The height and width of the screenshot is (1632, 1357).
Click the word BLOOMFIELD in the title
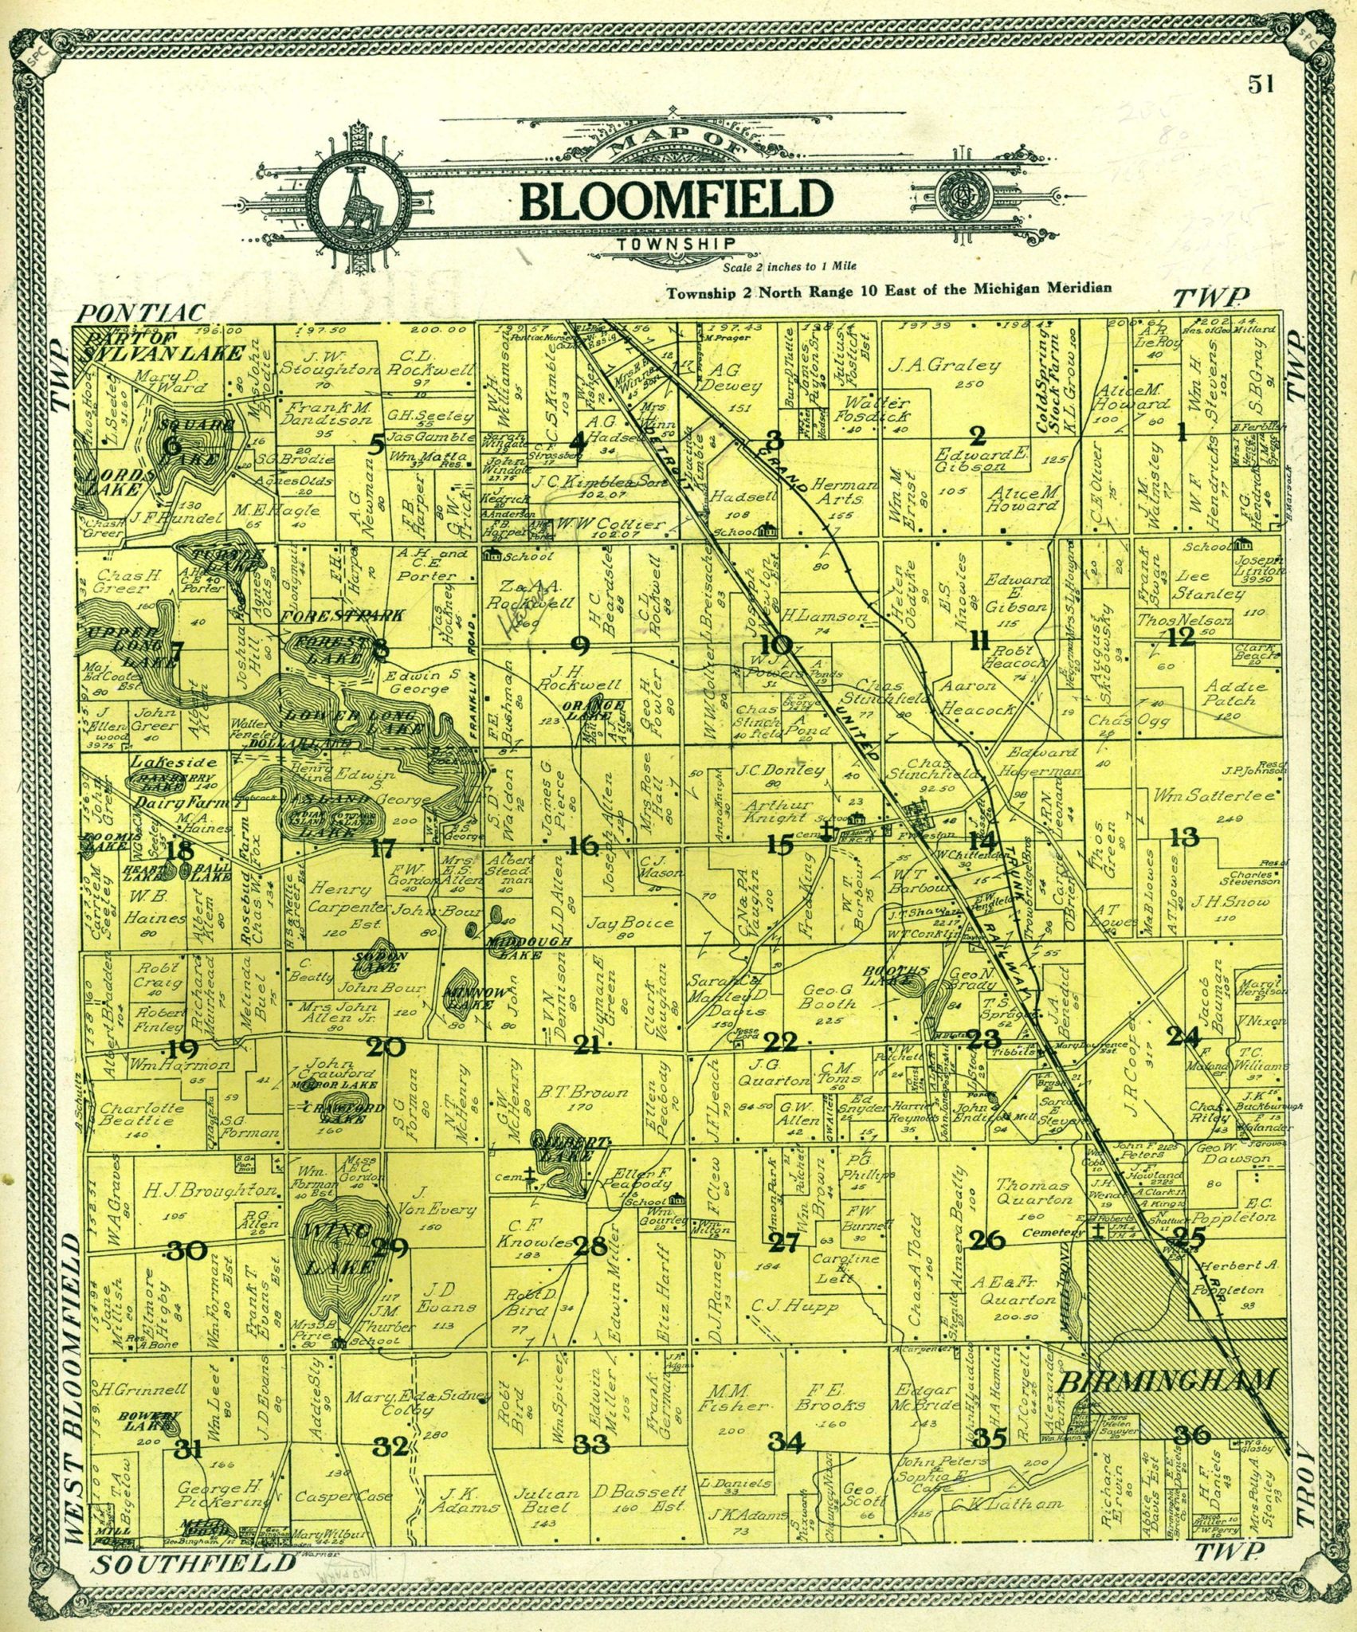tap(676, 200)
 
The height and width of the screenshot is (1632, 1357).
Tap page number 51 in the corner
tap(1260, 84)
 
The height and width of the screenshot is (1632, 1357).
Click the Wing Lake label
tap(335, 1247)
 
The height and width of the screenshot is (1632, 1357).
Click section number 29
tap(390, 1249)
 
